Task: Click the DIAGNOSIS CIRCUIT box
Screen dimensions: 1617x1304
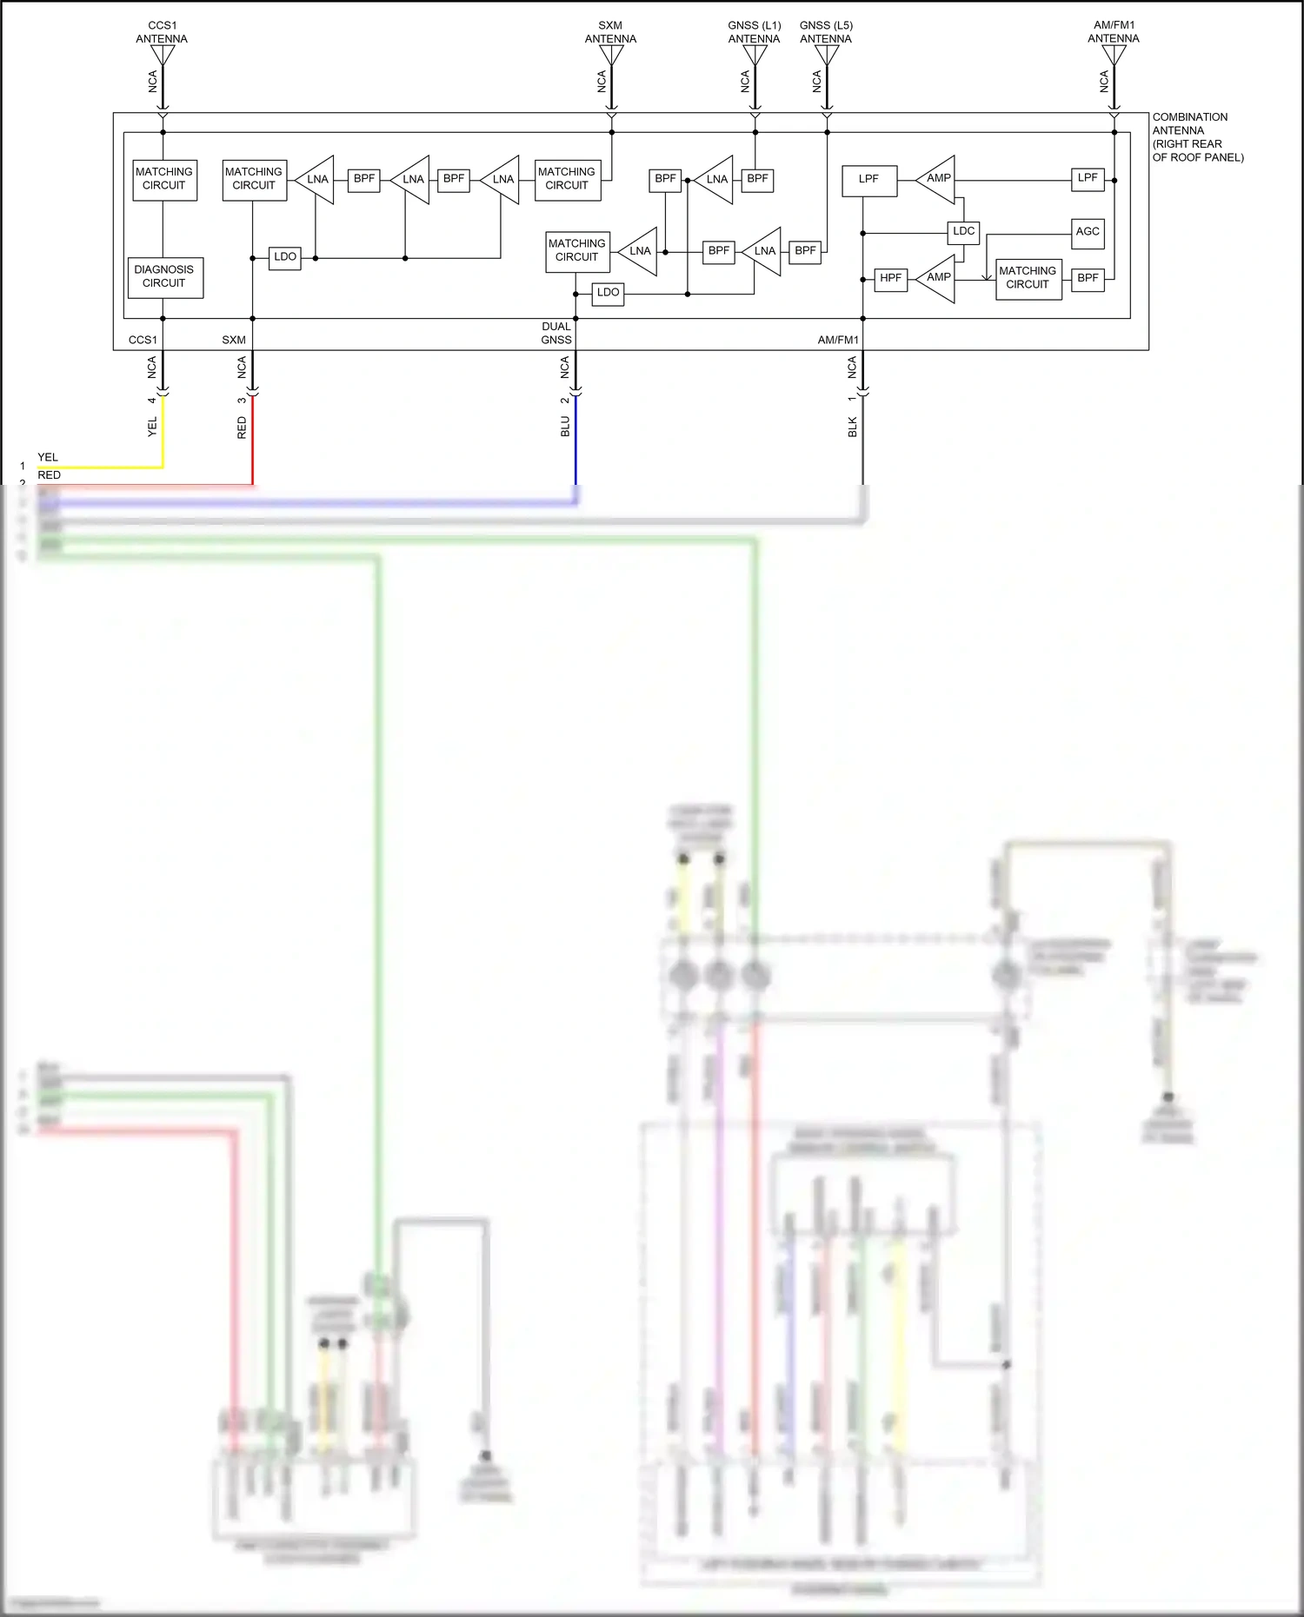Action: [x=165, y=277]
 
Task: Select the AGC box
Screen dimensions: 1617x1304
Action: [x=1088, y=232]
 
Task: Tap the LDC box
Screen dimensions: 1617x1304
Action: [x=963, y=231]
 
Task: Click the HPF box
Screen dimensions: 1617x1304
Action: [x=890, y=278]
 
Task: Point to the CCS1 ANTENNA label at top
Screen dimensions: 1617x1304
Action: [x=162, y=32]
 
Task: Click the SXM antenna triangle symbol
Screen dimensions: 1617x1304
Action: [x=611, y=56]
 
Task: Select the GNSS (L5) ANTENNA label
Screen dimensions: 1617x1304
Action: [x=826, y=32]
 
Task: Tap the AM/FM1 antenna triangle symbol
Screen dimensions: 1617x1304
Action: [x=1114, y=55]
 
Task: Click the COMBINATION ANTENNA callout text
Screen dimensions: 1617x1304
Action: [x=1196, y=137]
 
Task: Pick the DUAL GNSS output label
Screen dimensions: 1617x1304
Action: [x=556, y=333]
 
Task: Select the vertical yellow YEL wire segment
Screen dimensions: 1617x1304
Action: [x=163, y=434]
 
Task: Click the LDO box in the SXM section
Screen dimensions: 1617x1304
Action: [x=284, y=257]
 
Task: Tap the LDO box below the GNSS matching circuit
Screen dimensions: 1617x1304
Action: [x=608, y=293]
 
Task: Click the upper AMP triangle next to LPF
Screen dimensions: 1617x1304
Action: [x=938, y=179]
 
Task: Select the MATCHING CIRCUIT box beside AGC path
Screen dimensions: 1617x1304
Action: [x=1028, y=278]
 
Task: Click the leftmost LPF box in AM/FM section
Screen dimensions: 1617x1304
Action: [x=869, y=180]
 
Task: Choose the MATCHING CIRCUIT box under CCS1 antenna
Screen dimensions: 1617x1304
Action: [x=164, y=179]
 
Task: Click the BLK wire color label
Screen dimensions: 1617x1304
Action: [x=853, y=427]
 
